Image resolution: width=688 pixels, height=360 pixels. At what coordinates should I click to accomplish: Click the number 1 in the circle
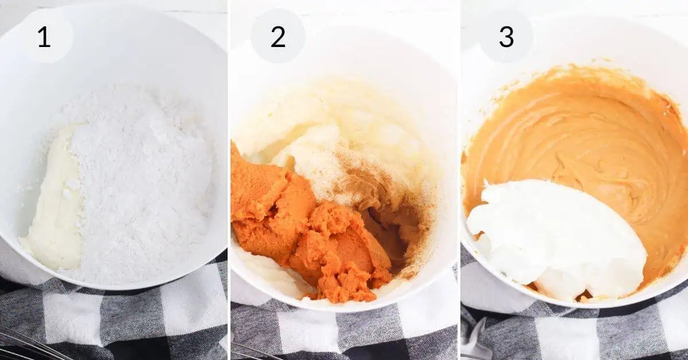44,37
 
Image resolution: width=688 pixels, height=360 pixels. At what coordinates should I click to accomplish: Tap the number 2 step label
278,37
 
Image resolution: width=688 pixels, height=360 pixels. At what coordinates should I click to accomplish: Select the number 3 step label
506,37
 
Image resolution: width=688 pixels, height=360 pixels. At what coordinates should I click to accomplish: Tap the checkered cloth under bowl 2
344,332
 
